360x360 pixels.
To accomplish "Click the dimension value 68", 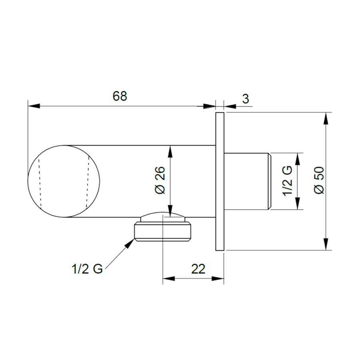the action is coord(120,96).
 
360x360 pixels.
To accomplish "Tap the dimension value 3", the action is coord(246,99).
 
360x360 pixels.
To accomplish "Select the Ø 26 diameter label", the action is coord(160,180).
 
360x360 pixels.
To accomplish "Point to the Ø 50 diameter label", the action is coord(319,180).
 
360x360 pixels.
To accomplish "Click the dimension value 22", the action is coord(198,269).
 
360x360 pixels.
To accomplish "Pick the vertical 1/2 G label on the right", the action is coord(287,181).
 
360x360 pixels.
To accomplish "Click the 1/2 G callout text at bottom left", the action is coord(87,269).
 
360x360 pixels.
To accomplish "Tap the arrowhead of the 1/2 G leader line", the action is coord(130,243).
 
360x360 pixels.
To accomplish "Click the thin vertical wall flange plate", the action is coord(220,181).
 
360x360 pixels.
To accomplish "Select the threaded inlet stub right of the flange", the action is coord(248,181).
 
